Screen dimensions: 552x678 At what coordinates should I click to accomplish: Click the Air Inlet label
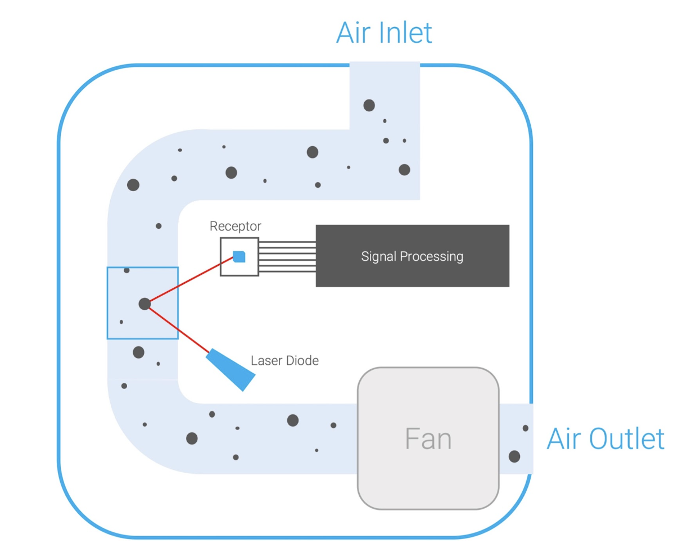pyautogui.click(x=384, y=33)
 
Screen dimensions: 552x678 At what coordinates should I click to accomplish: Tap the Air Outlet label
pyautogui.click(x=605, y=439)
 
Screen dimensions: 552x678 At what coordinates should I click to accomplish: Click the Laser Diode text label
pyautogui.click(x=284, y=361)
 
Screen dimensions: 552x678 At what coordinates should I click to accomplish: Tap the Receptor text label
pyautogui.click(x=235, y=227)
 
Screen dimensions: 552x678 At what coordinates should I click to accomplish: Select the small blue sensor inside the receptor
pyautogui.click(x=239, y=257)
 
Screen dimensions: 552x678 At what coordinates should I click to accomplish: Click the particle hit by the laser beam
pyautogui.click(x=144, y=304)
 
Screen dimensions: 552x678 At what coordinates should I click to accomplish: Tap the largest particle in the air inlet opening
pyautogui.click(x=369, y=105)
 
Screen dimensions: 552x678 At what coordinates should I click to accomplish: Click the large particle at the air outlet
pyautogui.click(x=514, y=456)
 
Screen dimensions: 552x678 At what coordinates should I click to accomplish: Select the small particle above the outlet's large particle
pyautogui.click(x=526, y=428)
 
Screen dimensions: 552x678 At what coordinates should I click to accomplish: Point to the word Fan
pyautogui.click(x=428, y=439)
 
